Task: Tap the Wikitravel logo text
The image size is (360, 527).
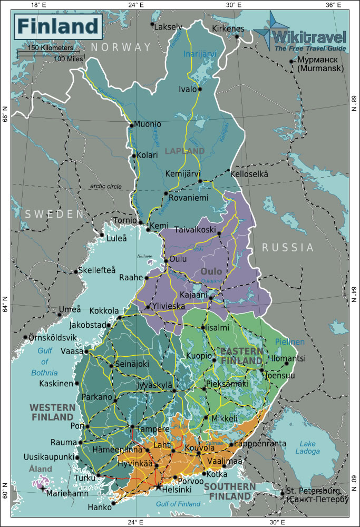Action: (x=309, y=37)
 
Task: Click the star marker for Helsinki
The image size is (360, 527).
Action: (x=158, y=487)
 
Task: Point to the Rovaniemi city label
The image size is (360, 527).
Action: (x=189, y=198)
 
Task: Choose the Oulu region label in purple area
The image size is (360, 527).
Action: (x=211, y=271)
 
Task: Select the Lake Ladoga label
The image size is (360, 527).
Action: (x=307, y=447)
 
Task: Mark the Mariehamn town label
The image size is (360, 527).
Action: (x=67, y=495)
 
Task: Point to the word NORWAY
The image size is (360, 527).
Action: (x=121, y=47)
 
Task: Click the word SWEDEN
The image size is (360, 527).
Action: (x=54, y=214)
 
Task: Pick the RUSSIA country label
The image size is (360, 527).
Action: (x=288, y=247)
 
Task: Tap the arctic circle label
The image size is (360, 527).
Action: (x=105, y=186)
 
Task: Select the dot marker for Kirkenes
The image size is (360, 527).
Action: (x=238, y=36)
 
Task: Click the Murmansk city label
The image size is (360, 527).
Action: (x=320, y=64)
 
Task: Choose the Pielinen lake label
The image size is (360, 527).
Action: (x=290, y=342)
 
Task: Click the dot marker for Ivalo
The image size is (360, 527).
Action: (x=200, y=89)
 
